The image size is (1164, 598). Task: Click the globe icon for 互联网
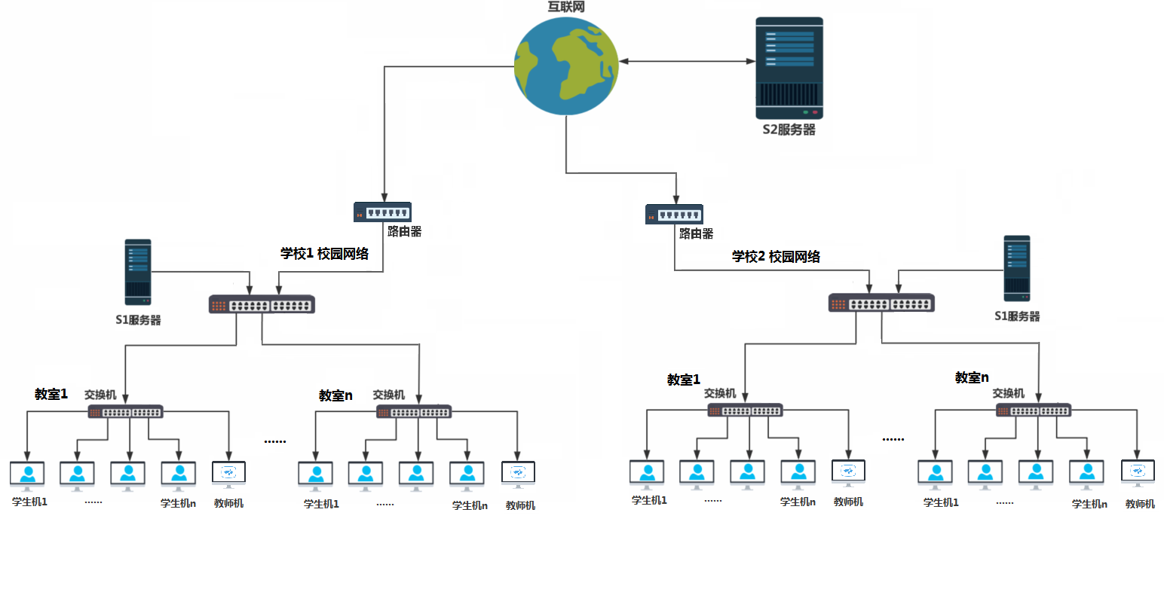click(566, 66)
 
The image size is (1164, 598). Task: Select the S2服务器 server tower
click(789, 68)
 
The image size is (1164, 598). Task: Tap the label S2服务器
click(789, 130)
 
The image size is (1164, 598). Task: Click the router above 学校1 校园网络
click(382, 212)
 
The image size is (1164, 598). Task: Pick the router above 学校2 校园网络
click(674, 214)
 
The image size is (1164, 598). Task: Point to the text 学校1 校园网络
click(325, 254)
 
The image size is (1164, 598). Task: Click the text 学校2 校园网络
click(776, 257)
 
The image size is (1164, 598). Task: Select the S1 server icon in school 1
click(138, 272)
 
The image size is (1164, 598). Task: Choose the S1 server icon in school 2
click(1016, 269)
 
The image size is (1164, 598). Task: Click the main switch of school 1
click(262, 304)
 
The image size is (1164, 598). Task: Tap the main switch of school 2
click(881, 303)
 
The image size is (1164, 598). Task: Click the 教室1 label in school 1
click(51, 394)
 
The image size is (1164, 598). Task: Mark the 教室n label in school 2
click(972, 377)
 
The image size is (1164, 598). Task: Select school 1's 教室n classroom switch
click(414, 411)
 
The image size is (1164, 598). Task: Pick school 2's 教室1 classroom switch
click(745, 410)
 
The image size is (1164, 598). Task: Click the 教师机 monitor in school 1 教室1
click(228, 474)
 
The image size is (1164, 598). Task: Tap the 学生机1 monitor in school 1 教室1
click(27, 475)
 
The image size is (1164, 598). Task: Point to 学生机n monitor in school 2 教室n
click(1086, 474)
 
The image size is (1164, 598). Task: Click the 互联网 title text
click(566, 7)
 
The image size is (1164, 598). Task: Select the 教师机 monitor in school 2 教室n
click(1138, 473)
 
